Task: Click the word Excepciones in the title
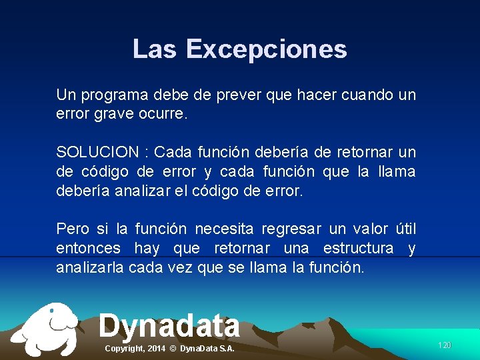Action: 266,49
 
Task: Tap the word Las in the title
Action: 155,49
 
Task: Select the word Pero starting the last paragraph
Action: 72,229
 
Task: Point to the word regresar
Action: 291,229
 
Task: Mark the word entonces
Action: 88,249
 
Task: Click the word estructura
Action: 358,249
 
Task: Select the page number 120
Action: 444,345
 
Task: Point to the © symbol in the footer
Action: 172,349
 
